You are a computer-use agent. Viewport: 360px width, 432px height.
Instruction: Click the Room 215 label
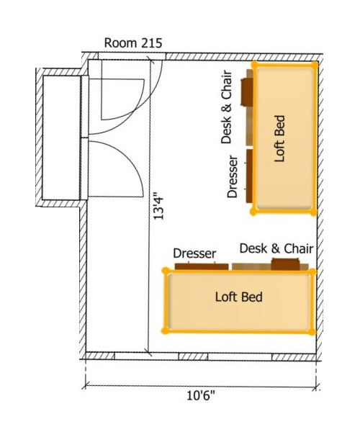pos(133,42)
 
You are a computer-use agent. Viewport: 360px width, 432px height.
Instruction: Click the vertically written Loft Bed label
pos(281,137)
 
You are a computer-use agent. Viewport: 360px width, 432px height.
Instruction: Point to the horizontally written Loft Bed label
pos(239,297)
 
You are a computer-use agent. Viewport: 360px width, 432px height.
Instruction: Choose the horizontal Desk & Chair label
pos(276,248)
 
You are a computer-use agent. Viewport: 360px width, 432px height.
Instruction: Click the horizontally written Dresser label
pos(195,253)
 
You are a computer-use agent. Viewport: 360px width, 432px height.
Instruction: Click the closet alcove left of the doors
pos(62,137)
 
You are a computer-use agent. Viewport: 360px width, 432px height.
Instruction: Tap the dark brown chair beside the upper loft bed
pos(247,91)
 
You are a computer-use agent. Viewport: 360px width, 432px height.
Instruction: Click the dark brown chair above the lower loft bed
pos(284,264)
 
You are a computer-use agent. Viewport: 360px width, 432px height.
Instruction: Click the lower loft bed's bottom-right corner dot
pos(312,332)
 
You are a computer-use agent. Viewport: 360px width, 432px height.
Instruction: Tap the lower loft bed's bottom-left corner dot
pos(166,332)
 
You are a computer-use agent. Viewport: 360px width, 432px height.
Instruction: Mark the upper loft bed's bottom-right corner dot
pos(312,212)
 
